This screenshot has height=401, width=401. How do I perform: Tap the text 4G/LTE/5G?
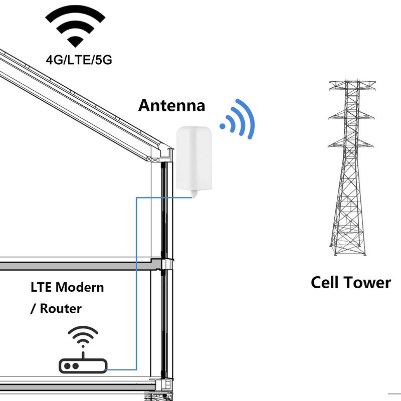tap(79, 60)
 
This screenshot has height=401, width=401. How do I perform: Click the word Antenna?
tap(171, 106)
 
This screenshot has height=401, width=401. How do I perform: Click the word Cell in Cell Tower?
tap(327, 282)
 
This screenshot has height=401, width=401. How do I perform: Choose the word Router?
tap(61, 308)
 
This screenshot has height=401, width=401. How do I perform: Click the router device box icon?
tap(82, 365)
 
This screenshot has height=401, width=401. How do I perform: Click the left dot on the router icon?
tap(68, 366)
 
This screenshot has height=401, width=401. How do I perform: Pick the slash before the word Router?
tap(33, 309)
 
